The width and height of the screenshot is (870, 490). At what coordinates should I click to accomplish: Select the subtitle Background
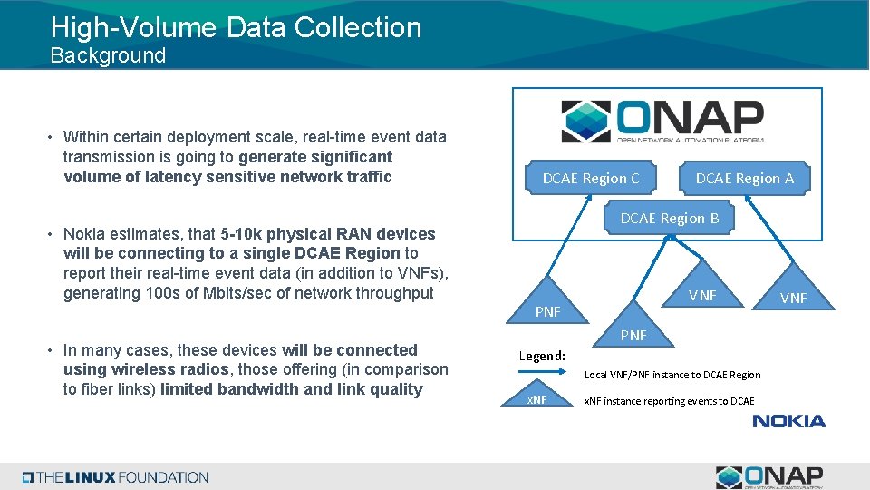click(x=108, y=55)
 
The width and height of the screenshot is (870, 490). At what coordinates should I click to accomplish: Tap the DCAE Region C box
click(x=590, y=179)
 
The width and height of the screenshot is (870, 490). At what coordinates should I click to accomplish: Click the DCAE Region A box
click(x=744, y=179)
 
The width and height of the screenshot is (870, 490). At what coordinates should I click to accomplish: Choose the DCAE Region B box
click(x=669, y=219)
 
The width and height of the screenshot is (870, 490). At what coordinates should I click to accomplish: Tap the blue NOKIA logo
click(x=788, y=421)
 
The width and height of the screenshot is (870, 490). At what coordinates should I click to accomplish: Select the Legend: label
click(x=542, y=356)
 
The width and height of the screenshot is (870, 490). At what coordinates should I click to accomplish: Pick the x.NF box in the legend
click(x=538, y=401)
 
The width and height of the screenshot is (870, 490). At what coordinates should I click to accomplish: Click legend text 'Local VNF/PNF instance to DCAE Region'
click(x=672, y=375)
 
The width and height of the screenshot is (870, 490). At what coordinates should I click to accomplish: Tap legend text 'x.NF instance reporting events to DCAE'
click(x=669, y=401)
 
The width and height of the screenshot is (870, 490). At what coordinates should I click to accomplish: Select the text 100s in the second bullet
click(x=159, y=293)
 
